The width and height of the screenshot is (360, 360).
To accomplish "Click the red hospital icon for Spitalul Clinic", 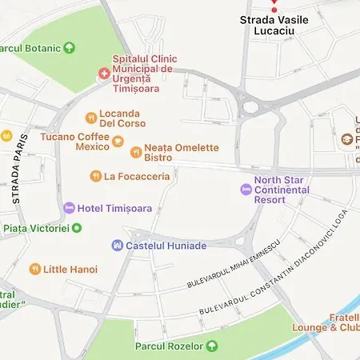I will (x=103, y=74).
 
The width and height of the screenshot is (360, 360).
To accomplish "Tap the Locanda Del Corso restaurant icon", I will (x=91, y=118).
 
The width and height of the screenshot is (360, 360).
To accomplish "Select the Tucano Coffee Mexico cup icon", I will (x=118, y=142).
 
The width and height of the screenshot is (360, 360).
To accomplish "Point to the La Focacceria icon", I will (x=96, y=175).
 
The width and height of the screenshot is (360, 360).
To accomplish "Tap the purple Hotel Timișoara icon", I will (x=69, y=208).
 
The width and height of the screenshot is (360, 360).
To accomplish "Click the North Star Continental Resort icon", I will (x=245, y=190).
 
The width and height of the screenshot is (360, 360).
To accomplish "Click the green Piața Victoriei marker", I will (x=77, y=228).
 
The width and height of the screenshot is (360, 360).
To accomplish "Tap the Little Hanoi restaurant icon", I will (x=34, y=270).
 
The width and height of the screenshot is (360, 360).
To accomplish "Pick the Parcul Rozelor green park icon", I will (x=212, y=346).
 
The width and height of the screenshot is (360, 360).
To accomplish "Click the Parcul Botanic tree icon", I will (x=70, y=48).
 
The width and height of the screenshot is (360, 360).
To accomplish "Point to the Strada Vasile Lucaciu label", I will (x=274, y=25).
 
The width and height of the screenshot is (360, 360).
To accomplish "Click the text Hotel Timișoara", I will (x=114, y=208).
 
